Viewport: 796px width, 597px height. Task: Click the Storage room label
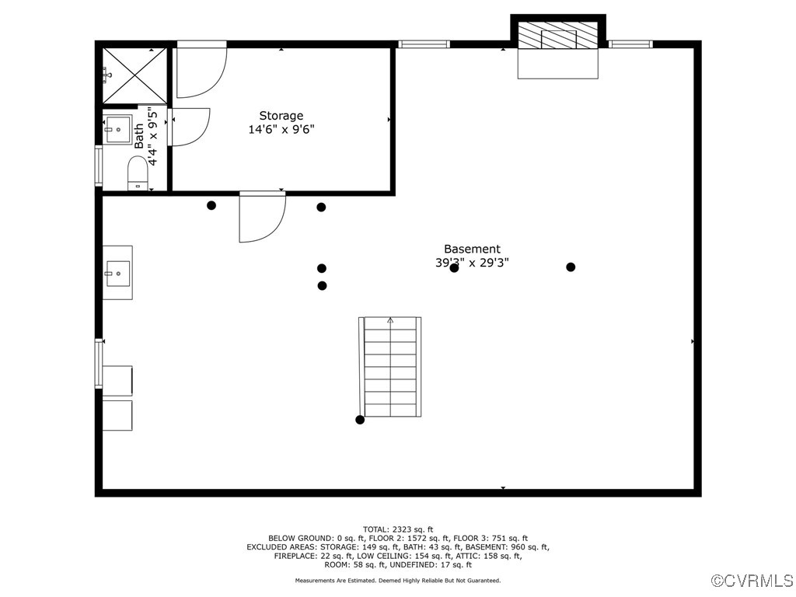[281, 116]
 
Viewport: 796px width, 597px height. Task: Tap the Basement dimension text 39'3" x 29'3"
[472, 263]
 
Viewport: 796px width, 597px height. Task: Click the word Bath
[139, 136]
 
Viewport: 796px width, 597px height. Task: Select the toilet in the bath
[138, 172]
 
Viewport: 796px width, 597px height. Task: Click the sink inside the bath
[119, 128]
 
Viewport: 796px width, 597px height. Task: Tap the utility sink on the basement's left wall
[118, 273]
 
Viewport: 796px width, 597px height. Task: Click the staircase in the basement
[390, 366]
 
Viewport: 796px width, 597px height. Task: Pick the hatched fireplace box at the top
[558, 36]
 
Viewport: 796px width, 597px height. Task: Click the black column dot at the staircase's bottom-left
[360, 420]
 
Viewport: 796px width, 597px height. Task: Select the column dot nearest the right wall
[571, 267]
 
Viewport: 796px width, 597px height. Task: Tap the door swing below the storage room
[261, 217]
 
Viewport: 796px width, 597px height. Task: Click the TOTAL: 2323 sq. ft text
[397, 529]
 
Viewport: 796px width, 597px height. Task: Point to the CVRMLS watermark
[752, 581]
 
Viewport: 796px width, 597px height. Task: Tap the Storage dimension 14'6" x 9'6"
[281, 130]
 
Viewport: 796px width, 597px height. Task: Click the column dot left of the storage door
[211, 205]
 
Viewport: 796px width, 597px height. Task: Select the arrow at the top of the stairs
[390, 320]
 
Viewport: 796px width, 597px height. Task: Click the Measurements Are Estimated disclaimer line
[397, 581]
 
